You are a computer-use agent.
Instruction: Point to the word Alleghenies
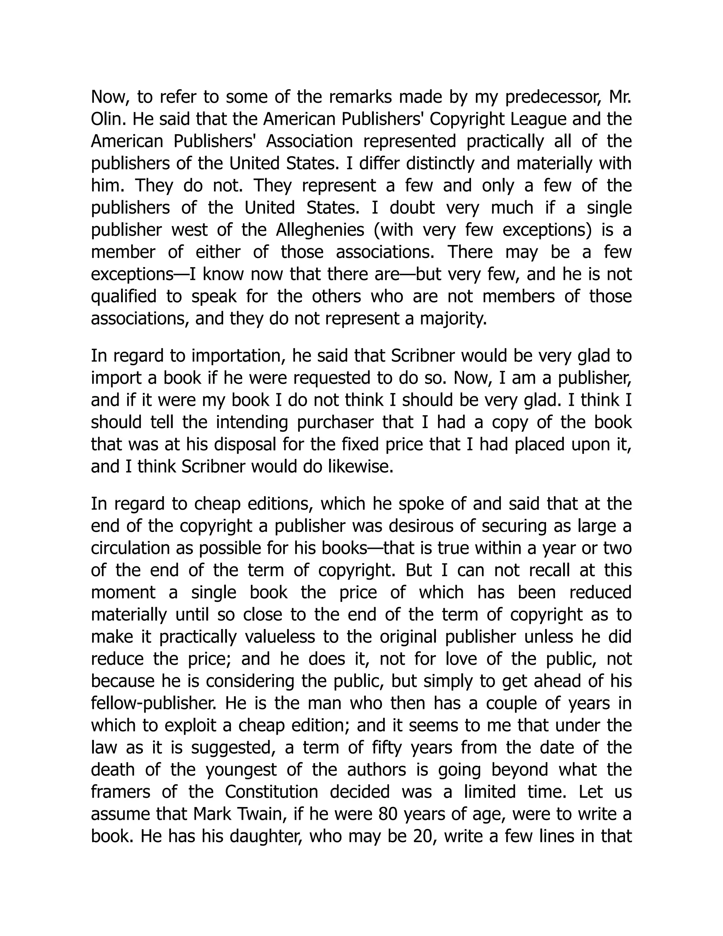pos(319,230)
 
